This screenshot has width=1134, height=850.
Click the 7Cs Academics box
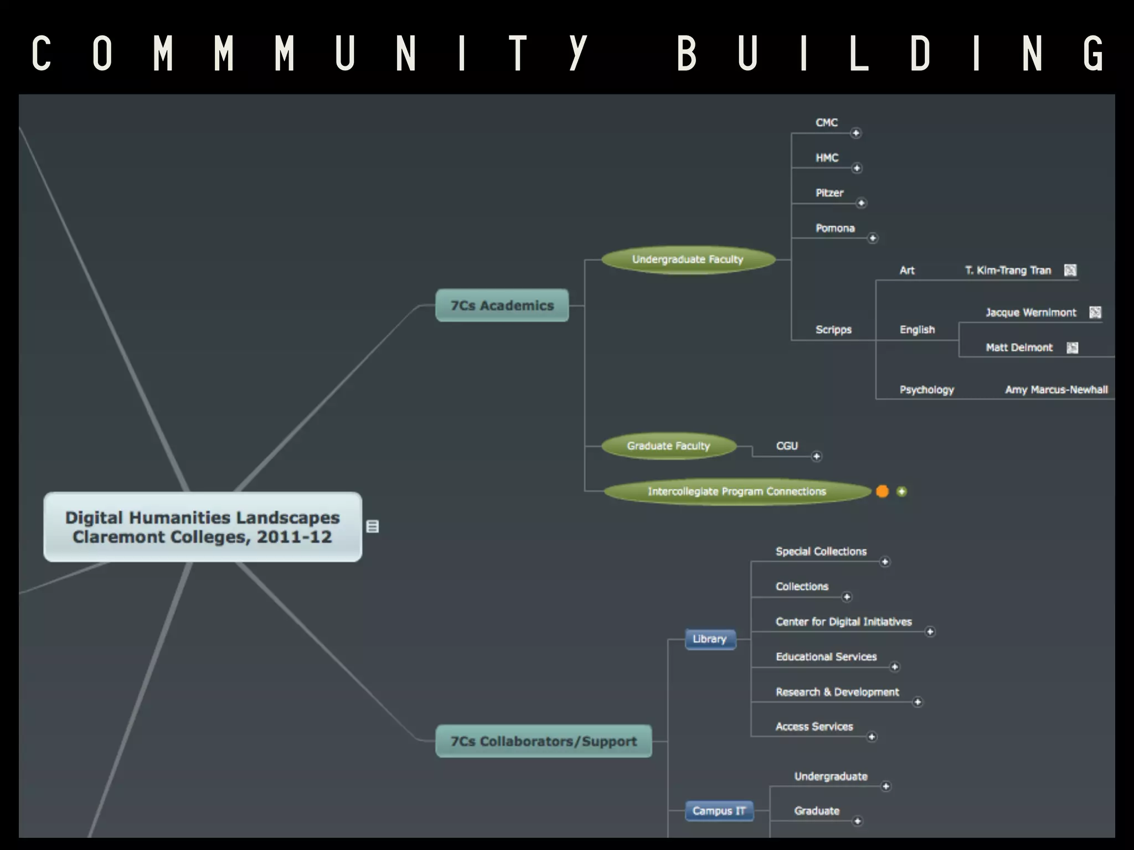pyautogui.click(x=502, y=305)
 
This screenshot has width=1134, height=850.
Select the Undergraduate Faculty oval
pyautogui.click(x=688, y=260)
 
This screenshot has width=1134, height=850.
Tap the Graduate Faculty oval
pyautogui.click(x=668, y=446)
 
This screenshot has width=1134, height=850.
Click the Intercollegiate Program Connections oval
pyautogui.click(x=736, y=491)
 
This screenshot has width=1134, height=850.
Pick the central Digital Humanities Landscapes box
pyautogui.click(x=203, y=527)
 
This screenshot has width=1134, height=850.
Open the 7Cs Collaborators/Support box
pyautogui.click(x=543, y=741)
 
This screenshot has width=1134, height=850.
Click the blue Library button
pyautogui.click(x=710, y=639)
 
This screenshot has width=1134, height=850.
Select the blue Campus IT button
pyautogui.click(x=719, y=811)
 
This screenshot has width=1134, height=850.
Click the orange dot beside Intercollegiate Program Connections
pyautogui.click(x=883, y=491)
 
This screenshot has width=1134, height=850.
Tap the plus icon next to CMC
pyautogui.click(x=856, y=133)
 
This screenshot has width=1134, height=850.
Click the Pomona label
pyautogui.click(x=835, y=228)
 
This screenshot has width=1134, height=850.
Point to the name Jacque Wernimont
pyautogui.click(x=1030, y=313)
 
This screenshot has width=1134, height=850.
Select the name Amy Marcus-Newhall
pyautogui.click(x=1056, y=390)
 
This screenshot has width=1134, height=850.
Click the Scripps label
pyautogui.click(x=833, y=330)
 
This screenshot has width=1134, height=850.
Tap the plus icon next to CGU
pyautogui.click(x=817, y=457)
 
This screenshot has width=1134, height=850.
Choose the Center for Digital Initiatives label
pyautogui.click(x=843, y=621)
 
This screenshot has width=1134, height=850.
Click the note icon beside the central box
pyautogui.click(x=373, y=526)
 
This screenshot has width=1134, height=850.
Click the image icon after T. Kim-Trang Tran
pyautogui.click(x=1070, y=270)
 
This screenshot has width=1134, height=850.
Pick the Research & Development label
pyautogui.click(x=837, y=692)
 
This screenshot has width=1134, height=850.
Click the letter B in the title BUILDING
pyautogui.click(x=687, y=54)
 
